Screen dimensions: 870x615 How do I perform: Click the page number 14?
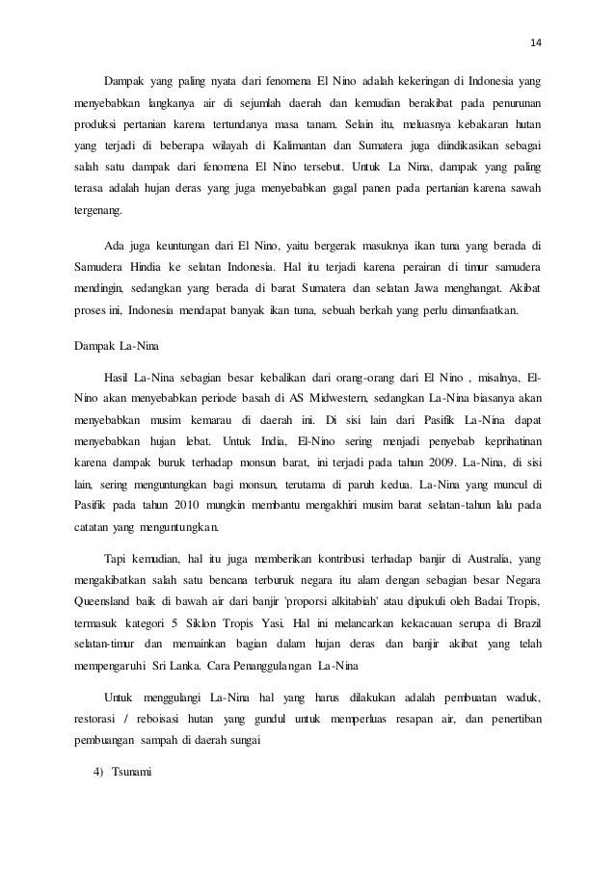click(536, 41)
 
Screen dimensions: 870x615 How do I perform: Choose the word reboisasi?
click(163, 722)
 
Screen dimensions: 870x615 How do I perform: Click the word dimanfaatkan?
click(481, 310)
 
